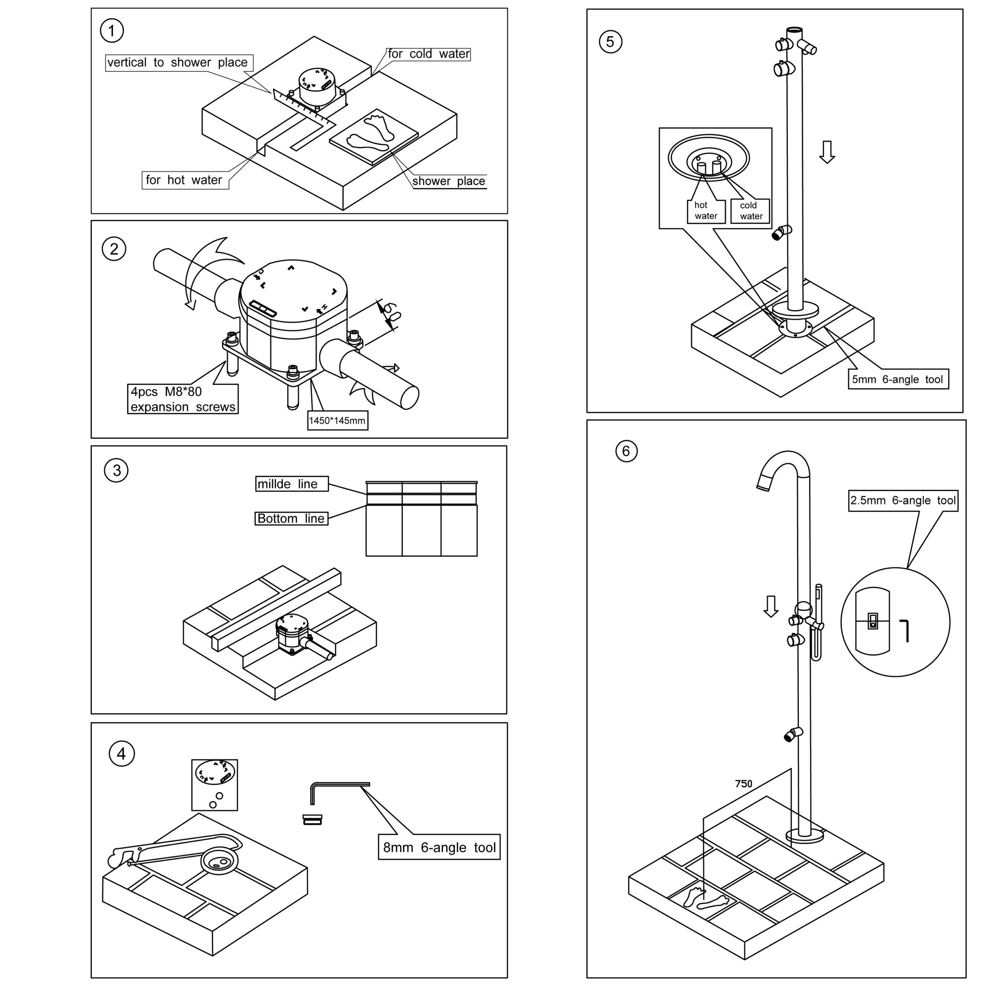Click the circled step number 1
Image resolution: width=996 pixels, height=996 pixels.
click(112, 30)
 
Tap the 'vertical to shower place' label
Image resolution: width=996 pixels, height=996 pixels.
click(178, 62)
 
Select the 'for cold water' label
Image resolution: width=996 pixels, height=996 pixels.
click(428, 54)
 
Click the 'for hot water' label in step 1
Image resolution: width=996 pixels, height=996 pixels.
click(184, 180)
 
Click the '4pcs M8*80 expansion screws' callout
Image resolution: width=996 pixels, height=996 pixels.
click(182, 399)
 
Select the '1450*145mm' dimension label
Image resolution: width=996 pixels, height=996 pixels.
click(337, 421)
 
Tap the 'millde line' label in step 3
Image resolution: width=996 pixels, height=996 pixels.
click(291, 484)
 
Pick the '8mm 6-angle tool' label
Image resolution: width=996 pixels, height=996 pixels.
click(439, 847)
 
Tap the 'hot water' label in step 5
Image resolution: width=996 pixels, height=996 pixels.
click(705, 211)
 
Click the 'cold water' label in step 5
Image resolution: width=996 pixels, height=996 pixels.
click(750, 211)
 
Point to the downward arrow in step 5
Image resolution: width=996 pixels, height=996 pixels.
click(827, 152)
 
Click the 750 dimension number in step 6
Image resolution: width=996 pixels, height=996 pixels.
click(743, 784)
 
